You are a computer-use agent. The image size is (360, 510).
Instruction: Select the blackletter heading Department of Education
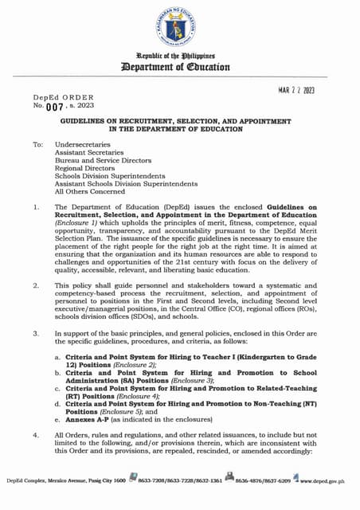[179, 68]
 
